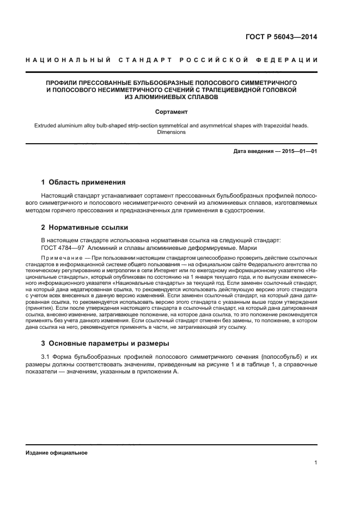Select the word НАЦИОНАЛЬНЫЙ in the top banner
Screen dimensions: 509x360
point(59,59)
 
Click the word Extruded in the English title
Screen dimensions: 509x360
point(47,125)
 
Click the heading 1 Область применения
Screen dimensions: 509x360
point(84,182)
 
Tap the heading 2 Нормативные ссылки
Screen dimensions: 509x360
point(85,227)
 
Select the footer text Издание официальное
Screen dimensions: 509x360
point(57,452)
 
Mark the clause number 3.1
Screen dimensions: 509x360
point(46,357)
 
